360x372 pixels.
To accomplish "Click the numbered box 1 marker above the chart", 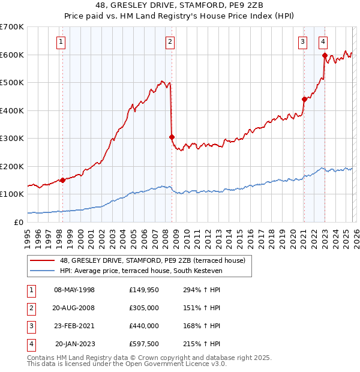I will [x=62, y=42].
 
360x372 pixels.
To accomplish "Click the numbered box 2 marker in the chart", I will [x=171, y=42].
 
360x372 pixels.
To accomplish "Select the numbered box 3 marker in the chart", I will [x=303, y=42].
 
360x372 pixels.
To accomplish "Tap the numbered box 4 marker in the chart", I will [x=323, y=42].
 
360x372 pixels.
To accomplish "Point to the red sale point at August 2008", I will [x=172, y=137].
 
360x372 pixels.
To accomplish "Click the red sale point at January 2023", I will [x=325, y=55].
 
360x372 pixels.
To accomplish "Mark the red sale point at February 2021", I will [x=304, y=99].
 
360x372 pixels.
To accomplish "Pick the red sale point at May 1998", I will [x=62, y=180].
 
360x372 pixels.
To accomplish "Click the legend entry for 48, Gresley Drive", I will [x=152, y=260].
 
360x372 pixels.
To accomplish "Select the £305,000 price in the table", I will [x=144, y=308].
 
